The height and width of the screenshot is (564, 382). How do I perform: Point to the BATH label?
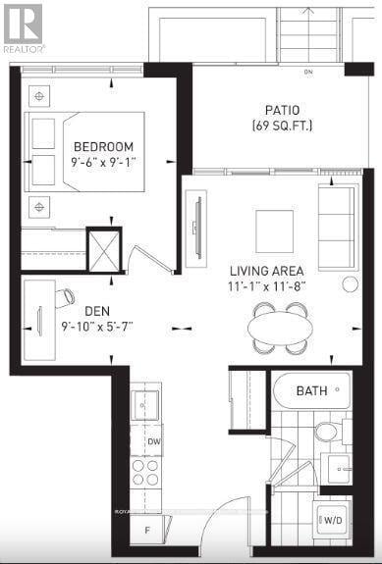coord(312,391)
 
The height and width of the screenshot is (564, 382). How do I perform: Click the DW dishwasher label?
coord(154,441)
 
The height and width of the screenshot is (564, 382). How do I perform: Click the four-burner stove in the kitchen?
coord(145,474)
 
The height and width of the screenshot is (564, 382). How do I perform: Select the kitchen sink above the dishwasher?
coord(145,403)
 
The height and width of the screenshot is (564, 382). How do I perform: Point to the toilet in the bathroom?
coord(327,430)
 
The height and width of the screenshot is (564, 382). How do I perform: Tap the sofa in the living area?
coord(337,226)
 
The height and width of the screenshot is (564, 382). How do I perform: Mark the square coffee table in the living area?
coord(274,231)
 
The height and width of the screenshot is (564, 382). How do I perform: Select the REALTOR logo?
coord(22,26)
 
